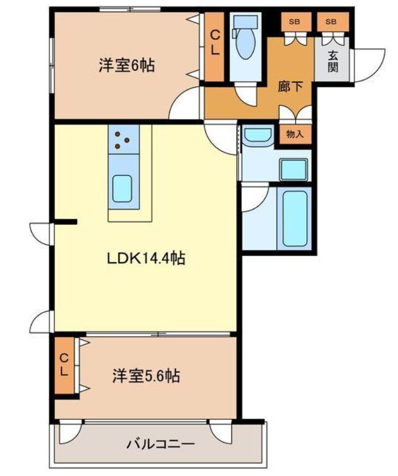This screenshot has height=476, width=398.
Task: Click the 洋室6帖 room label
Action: click(126, 66)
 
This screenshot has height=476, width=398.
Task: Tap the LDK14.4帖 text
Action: click(147, 259)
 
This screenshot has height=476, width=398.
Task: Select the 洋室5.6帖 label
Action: click(146, 376)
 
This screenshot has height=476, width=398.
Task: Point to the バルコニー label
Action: click(160, 444)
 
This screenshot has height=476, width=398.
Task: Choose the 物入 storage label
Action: click(295, 135)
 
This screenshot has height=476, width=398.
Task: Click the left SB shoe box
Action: click(294, 22)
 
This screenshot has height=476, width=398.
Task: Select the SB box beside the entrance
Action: click(331, 22)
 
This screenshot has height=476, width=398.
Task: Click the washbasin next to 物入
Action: click(259, 135)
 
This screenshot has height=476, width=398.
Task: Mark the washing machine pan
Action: click(294, 168)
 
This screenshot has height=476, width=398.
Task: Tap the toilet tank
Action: click(245, 22)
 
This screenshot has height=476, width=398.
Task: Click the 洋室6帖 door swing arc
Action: click(184, 105)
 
